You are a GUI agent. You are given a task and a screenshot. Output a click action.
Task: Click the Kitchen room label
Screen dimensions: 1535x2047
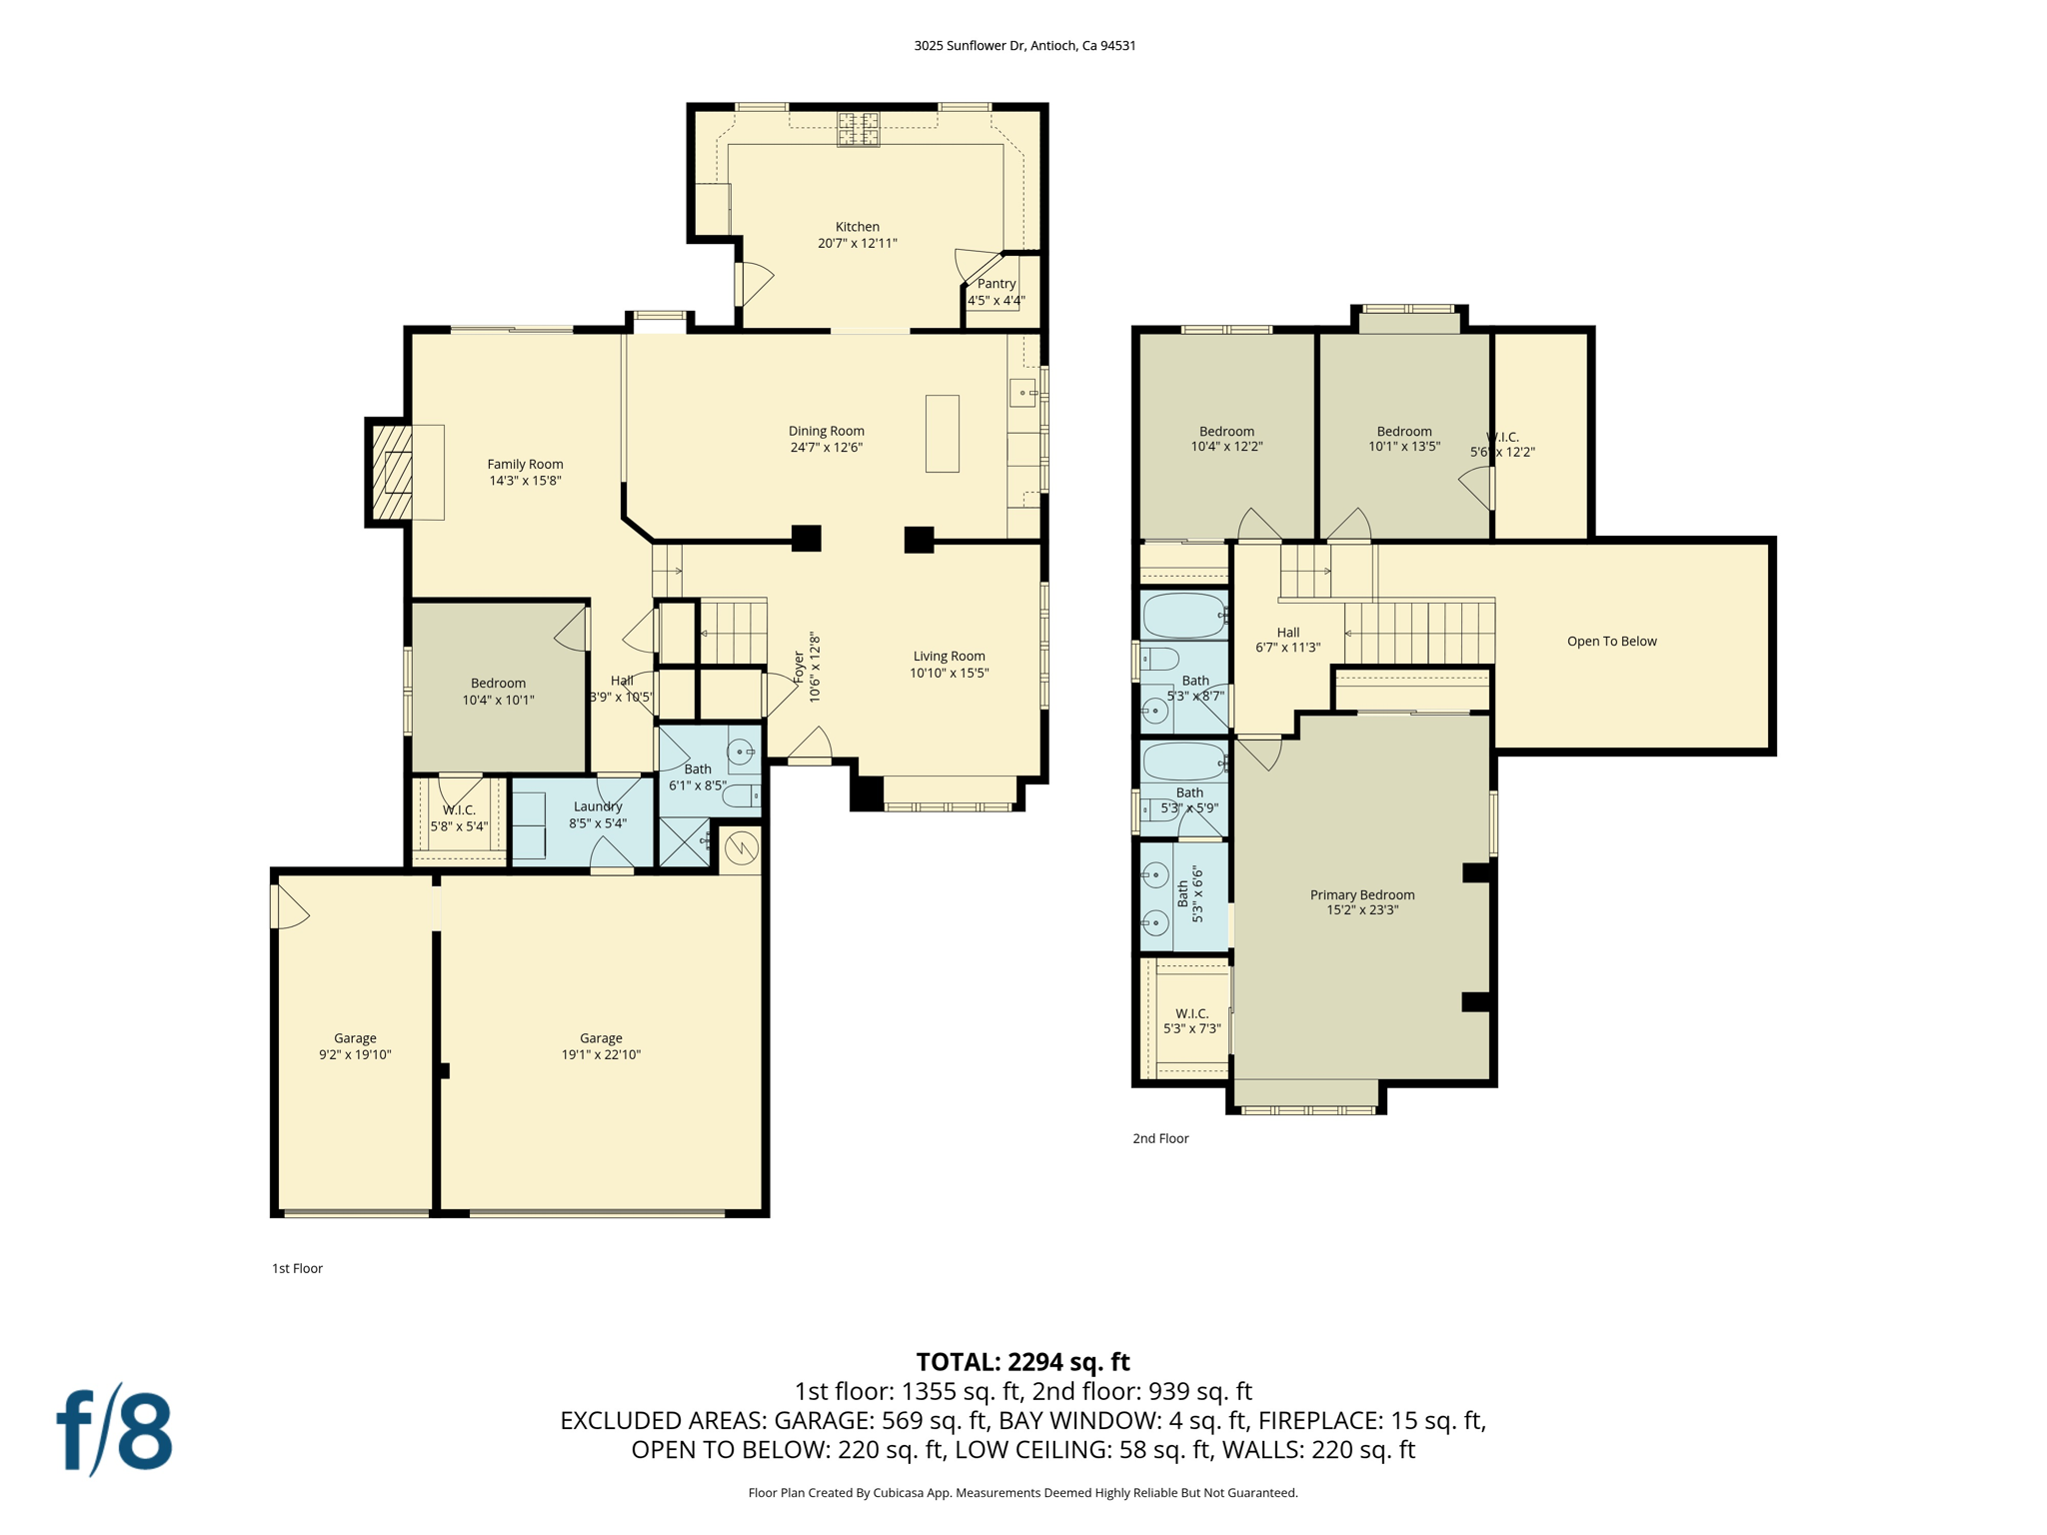click(x=857, y=227)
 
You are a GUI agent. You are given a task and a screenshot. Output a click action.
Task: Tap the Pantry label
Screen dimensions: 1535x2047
click(x=996, y=284)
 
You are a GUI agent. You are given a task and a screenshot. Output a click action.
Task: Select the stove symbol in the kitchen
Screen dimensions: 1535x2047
click(x=858, y=130)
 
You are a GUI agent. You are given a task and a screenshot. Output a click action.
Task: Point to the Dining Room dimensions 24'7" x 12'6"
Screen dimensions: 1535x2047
click(x=826, y=448)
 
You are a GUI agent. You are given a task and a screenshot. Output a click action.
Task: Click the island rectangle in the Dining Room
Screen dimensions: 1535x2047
click(x=942, y=434)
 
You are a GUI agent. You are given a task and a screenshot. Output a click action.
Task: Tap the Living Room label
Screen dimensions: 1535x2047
click(x=949, y=657)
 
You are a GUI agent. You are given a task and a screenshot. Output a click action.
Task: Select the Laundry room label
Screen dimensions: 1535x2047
click(x=598, y=806)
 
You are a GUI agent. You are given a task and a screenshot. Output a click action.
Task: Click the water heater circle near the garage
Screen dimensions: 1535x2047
click(x=741, y=849)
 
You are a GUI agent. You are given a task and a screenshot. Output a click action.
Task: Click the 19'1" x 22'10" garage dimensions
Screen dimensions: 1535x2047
click(x=601, y=1054)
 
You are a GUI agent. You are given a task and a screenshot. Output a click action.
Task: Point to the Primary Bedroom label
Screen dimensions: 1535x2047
click(x=1361, y=894)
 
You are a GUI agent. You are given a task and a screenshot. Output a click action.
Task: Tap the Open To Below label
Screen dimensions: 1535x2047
click(x=1611, y=642)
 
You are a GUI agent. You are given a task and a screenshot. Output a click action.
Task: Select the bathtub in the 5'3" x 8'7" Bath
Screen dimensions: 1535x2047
click(x=1184, y=616)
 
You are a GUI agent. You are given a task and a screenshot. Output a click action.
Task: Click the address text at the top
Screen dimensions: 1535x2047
click(x=1024, y=45)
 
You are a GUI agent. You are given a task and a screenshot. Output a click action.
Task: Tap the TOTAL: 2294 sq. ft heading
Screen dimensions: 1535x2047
click(x=1023, y=1362)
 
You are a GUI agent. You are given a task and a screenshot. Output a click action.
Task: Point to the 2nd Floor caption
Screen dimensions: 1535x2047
click(x=1160, y=1138)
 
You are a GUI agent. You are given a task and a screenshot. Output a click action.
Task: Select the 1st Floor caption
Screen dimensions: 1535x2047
click(x=297, y=1268)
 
